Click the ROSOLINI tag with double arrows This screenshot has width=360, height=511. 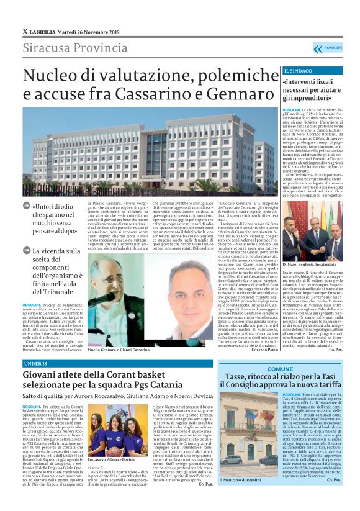[327, 48]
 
